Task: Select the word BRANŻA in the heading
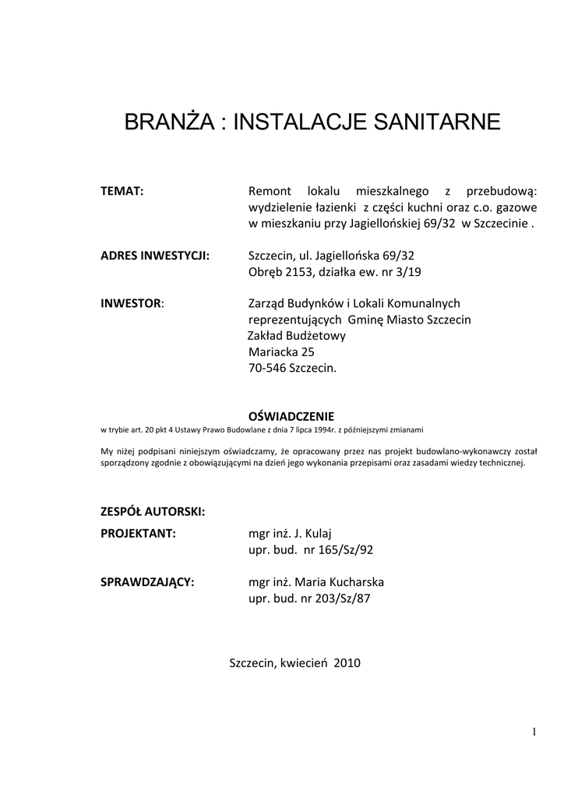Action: [164, 122]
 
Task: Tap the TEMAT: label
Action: [123, 191]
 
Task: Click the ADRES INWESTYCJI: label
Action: [156, 255]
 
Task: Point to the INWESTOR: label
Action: [132, 303]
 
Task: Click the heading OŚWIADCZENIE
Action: [290, 416]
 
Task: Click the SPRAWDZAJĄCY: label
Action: [148, 582]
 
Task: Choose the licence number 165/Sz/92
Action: [344, 550]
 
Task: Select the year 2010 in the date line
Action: [347, 663]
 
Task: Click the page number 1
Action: [535, 731]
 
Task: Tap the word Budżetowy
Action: [315, 335]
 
